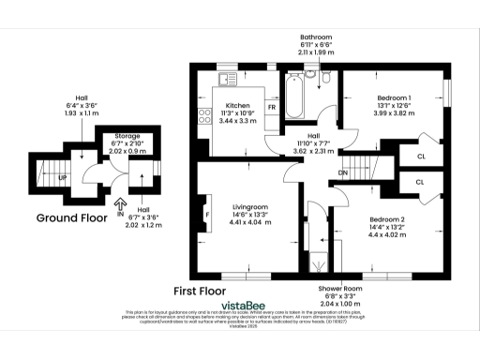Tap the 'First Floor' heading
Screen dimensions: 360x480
(202, 291)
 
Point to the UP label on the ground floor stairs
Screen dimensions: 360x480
(64, 176)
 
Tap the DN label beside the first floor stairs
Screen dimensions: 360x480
(343, 173)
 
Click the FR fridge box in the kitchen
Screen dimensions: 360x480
(272, 108)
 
